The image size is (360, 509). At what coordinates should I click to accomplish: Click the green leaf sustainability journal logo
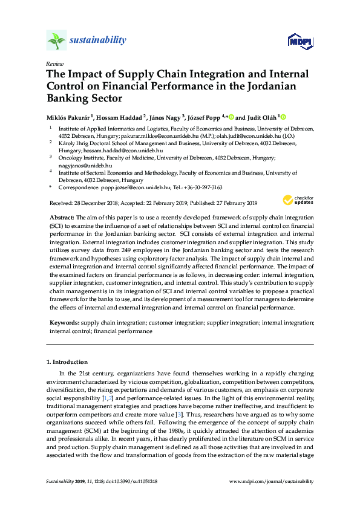pos(56,41)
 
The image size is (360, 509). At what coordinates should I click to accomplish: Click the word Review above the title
pos(53,63)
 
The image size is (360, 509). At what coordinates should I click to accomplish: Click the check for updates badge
pos(297,200)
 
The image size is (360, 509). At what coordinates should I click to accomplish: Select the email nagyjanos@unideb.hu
pos(80,165)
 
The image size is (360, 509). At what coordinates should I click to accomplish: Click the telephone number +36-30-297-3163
pos(202,188)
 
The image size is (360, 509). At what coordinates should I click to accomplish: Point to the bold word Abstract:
pos(62,216)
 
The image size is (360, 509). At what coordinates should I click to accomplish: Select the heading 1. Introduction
pos(67,362)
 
